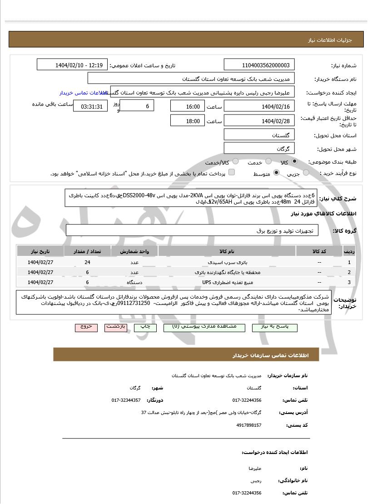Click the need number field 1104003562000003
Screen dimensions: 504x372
pyautogui.click(x=259, y=65)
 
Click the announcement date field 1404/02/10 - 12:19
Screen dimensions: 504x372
pyautogui.click(x=72, y=65)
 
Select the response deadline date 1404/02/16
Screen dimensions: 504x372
pyautogui.click(x=259, y=106)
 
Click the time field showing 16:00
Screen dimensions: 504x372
pyautogui.click(x=188, y=106)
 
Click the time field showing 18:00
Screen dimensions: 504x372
pyautogui.click(x=188, y=121)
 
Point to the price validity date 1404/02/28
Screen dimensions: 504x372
pyautogui.click(x=259, y=121)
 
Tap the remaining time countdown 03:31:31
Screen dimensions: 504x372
pyautogui.click(x=91, y=106)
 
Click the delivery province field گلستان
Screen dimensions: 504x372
pyautogui.click(x=259, y=135)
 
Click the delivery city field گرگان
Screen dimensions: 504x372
pyautogui.click(x=259, y=149)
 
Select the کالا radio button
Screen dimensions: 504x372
pyautogui.click(x=295, y=162)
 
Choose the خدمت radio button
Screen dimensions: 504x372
pyautogui.click(x=268, y=162)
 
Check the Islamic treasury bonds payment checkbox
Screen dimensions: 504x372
pyautogui.click(x=232, y=173)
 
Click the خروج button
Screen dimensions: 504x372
pyautogui.click(x=86, y=327)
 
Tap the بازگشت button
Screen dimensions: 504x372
pyautogui.click(x=116, y=327)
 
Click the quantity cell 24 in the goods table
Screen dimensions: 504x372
pyautogui.click(x=87, y=262)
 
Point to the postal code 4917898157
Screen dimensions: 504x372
pyautogui.click(x=249, y=425)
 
